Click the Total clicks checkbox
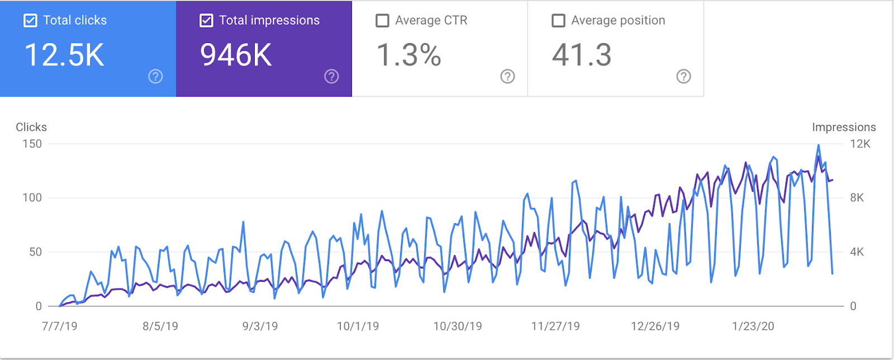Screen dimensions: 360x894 [x=30, y=21]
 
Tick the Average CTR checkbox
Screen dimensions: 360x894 [x=382, y=21]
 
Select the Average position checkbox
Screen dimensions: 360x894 [x=558, y=21]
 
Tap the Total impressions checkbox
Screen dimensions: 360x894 [x=206, y=21]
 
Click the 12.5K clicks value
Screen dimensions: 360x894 [x=64, y=55]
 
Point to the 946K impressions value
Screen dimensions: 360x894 [x=236, y=55]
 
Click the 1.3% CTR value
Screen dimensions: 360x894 [x=409, y=55]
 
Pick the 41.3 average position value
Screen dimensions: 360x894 [x=582, y=55]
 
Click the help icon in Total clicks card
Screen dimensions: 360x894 [x=155, y=77]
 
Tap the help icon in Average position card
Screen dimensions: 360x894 [x=683, y=77]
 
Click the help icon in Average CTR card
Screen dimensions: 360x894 [x=507, y=77]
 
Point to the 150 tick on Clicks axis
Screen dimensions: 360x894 [x=32, y=144]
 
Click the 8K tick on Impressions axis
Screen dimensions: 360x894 [x=857, y=197]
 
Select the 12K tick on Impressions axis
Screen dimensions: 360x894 [x=860, y=144]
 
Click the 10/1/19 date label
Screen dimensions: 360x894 [x=358, y=326]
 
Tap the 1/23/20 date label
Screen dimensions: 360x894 [x=753, y=326]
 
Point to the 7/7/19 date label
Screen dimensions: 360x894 [x=60, y=326]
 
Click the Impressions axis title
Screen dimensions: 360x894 [x=844, y=127]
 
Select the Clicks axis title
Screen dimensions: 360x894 [x=31, y=127]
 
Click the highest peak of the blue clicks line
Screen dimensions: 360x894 [x=819, y=145]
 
